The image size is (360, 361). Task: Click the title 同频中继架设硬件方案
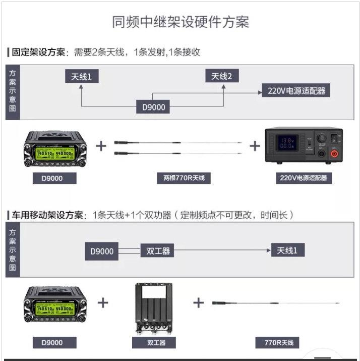(180, 22)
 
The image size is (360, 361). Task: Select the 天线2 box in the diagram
(222, 76)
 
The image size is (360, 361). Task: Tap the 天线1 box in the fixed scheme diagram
(82, 76)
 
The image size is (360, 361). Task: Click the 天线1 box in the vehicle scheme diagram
(287, 250)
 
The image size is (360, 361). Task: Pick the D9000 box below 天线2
(153, 107)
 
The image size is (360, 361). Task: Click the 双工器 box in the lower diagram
(158, 251)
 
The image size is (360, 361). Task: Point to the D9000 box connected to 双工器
(102, 251)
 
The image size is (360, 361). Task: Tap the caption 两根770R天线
(180, 178)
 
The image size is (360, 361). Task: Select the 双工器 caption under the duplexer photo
(156, 343)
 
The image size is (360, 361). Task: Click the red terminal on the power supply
(333, 152)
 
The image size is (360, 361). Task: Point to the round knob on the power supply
(321, 137)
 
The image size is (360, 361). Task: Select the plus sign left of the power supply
(255, 146)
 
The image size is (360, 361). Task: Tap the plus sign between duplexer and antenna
(199, 303)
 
